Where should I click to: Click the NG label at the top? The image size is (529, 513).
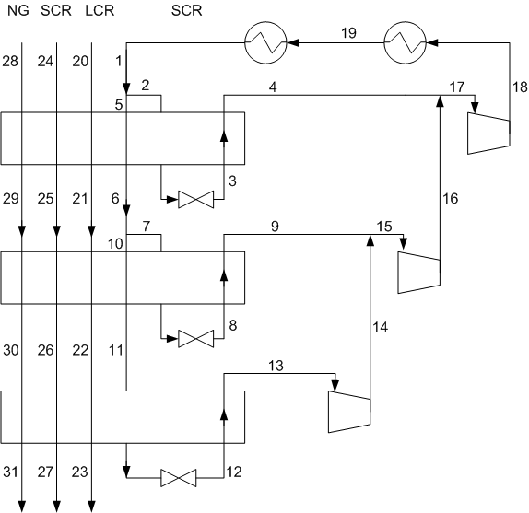pos(18,10)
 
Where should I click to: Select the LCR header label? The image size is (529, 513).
pos(100,10)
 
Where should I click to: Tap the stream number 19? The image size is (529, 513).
pos(348,33)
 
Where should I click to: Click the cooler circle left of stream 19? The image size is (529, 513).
pos(265,42)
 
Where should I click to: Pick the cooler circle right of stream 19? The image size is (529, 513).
pos(406,42)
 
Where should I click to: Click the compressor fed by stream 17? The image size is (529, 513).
pos(488,134)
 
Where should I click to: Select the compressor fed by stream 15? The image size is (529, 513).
pos(419,273)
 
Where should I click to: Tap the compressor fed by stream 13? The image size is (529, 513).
pos(349,412)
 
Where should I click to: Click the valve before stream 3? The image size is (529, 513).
pos(195,200)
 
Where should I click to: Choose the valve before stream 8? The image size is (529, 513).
pos(195,339)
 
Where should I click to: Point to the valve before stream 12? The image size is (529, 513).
pos(178,478)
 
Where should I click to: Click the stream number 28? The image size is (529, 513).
pos(10,62)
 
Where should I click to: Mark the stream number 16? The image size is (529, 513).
pos(450,199)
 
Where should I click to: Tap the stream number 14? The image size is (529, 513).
pos(381,327)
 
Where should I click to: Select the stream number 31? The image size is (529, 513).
pos(10,472)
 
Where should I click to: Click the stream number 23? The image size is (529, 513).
pos(79,472)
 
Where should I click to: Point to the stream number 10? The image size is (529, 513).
pos(115,243)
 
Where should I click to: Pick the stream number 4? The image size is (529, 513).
pos(273,87)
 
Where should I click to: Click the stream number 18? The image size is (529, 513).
pos(520,87)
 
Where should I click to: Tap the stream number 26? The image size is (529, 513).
pos(45,350)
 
